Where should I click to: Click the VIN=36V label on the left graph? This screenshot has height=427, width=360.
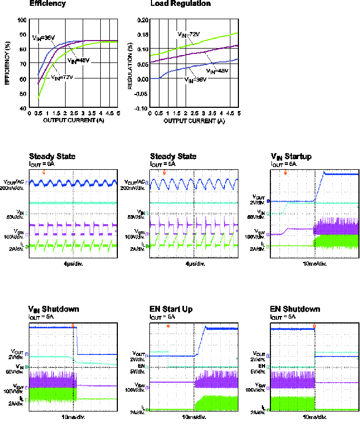coord(44,38)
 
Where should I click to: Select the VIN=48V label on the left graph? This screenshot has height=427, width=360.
coord(78,61)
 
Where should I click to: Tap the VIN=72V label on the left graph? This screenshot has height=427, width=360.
coord(62,77)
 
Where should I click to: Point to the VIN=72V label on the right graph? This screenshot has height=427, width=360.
coord(189,35)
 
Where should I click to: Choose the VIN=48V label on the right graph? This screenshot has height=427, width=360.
coord(217,71)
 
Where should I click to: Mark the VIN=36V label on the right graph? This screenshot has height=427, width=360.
coord(195,80)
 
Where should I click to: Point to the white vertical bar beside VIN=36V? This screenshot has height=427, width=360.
coord(28,48)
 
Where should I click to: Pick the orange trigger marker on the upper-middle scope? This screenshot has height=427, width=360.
coord(164,172)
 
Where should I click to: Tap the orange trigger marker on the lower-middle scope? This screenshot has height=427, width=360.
coord(168,326)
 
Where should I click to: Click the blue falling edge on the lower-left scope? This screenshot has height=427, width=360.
coord(77,342)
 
